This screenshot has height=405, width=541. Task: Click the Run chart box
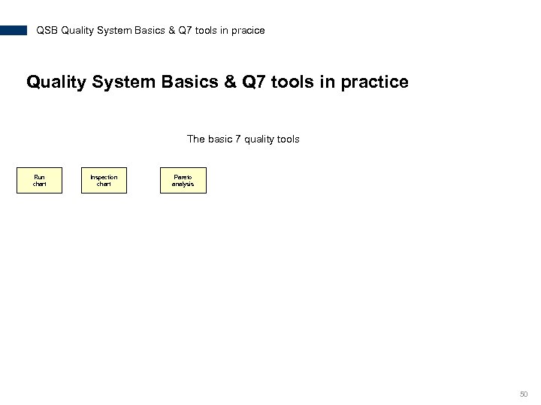(x=40, y=180)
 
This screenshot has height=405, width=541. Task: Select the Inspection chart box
(x=104, y=180)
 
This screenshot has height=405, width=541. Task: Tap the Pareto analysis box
(x=183, y=180)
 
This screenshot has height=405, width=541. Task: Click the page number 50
(x=524, y=394)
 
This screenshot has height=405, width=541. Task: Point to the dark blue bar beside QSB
(x=14, y=31)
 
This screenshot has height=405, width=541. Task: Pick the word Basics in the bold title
(x=190, y=82)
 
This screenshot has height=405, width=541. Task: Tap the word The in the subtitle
(x=195, y=139)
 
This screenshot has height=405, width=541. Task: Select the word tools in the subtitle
(x=287, y=139)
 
